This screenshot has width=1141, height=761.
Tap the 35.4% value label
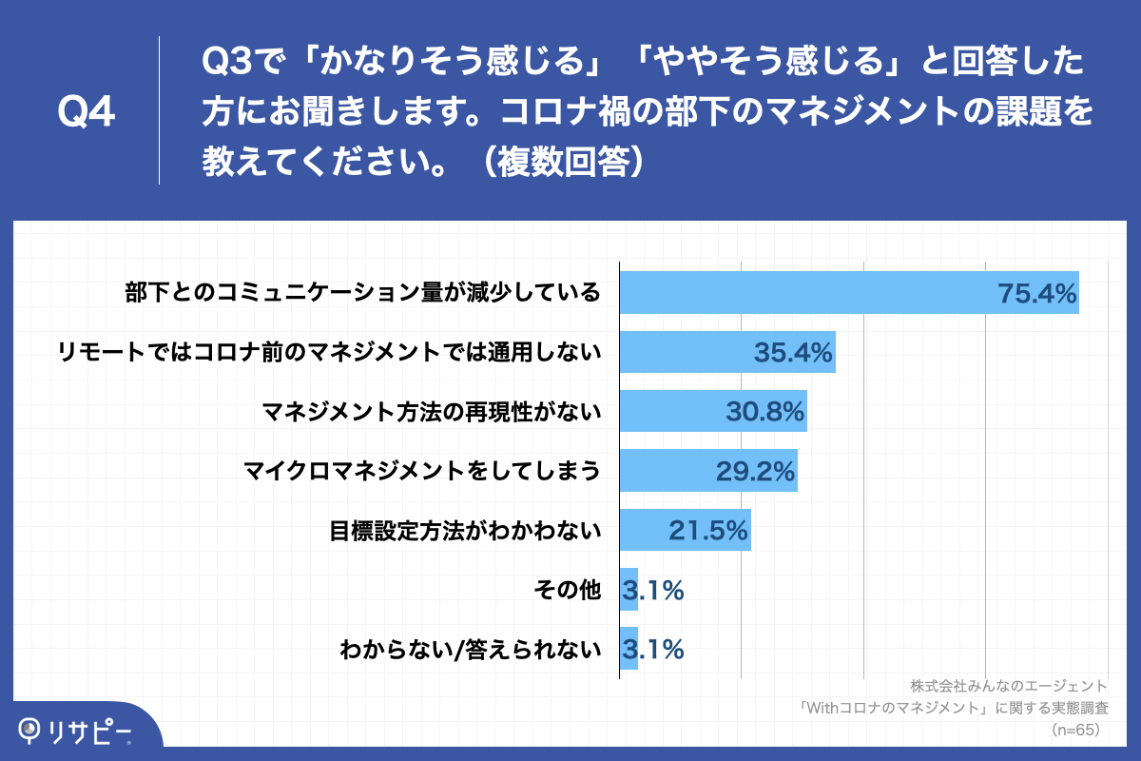pyautogui.click(x=793, y=352)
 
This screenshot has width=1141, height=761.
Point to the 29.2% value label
pyautogui.click(x=755, y=471)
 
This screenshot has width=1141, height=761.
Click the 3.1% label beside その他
pyautogui.click(x=653, y=591)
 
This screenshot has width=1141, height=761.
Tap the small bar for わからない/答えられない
pyautogui.click(x=629, y=650)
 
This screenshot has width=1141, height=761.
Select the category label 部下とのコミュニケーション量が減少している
pyautogui.click(x=363, y=292)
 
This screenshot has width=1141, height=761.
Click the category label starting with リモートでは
pyautogui.click(x=329, y=352)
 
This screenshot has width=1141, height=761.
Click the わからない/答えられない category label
pyautogui.click(x=472, y=650)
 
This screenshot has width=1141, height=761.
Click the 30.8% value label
pyautogui.click(x=764, y=411)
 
